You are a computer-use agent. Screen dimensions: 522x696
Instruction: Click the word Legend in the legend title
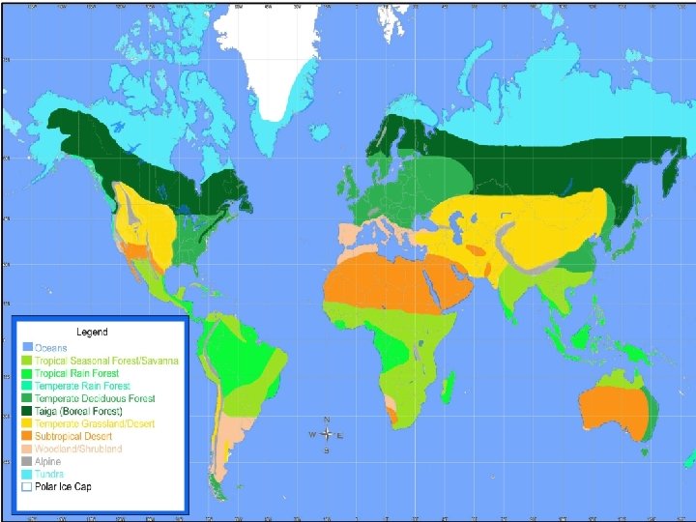(92, 332)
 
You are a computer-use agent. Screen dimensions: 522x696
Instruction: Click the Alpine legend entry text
(49, 461)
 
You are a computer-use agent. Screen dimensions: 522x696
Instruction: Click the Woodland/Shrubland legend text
(79, 449)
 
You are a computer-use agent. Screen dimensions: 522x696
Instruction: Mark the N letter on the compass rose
(328, 420)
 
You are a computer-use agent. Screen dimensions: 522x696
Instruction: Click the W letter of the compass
(311, 435)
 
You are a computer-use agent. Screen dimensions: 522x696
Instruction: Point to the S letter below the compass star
(328, 450)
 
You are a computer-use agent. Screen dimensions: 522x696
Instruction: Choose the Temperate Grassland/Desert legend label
(95, 423)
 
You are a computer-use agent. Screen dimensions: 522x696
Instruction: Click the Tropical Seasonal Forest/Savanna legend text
(107, 361)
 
